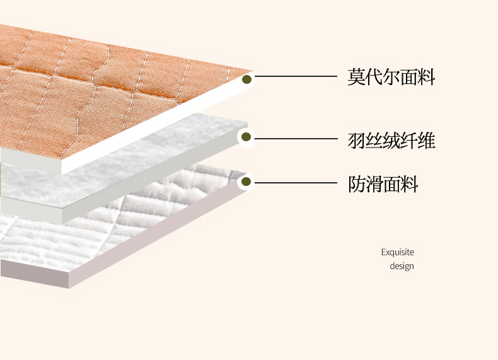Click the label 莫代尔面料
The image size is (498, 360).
tap(391, 78)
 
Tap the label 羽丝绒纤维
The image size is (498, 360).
tap(391, 140)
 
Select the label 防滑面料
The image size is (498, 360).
tap(383, 184)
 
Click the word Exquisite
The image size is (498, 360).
tap(397, 252)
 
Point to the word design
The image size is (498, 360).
tap(402, 266)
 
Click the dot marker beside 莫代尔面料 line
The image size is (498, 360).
tap(246, 79)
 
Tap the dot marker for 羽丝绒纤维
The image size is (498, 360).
tap(246, 137)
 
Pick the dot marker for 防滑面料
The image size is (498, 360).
tap(246, 182)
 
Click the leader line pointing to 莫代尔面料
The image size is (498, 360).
tap(296, 76)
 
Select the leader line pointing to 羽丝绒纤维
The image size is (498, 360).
tap(296, 138)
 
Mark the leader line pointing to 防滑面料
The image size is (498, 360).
tap(296, 183)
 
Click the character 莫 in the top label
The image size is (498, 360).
tap(357, 78)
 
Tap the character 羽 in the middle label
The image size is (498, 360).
tap(357, 140)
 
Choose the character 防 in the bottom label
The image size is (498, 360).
tap(357, 184)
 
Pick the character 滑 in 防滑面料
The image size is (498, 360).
tap(374, 184)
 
